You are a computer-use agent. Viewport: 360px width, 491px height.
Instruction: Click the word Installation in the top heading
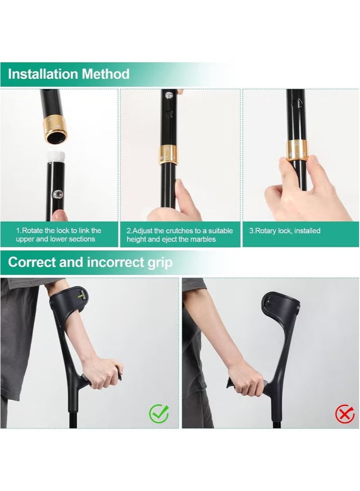43,74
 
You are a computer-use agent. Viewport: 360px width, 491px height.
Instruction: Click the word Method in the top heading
106,74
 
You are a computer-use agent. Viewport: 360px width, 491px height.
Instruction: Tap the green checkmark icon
158,413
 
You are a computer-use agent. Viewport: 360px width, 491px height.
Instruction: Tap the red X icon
345,413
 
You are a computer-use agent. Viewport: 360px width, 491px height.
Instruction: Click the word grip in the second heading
160,262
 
